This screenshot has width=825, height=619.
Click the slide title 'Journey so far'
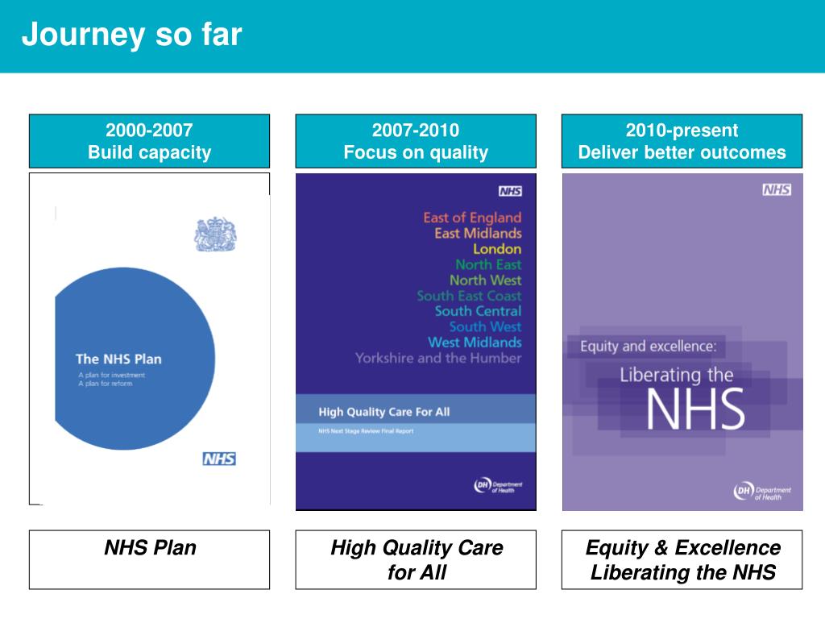click(131, 35)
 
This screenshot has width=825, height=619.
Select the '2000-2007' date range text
click(149, 131)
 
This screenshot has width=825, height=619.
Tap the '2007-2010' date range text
click(416, 131)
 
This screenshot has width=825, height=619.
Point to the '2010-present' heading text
click(682, 131)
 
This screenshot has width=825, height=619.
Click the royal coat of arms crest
click(214, 234)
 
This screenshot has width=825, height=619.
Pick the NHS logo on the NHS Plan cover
click(219, 459)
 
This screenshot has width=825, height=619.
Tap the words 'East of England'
click(472, 217)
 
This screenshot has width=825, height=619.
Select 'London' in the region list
click(497, 248)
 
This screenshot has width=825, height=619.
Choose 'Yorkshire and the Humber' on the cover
click(438, 358)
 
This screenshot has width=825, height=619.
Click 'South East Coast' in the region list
click(469, 296)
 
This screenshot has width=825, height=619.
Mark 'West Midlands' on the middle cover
click(475, 343)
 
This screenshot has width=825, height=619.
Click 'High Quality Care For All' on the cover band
click(384, 412)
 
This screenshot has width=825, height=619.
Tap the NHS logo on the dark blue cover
click(510, 191)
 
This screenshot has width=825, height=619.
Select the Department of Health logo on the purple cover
click(762, 492)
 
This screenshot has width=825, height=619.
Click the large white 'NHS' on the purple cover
click(694, 410)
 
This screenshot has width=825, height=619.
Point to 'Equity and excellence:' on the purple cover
click(648, 347)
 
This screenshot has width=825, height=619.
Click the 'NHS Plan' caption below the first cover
click(150, 548)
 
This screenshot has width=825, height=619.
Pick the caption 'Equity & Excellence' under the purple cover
click(682, 548)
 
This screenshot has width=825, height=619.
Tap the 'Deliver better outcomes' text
click(682, 152)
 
